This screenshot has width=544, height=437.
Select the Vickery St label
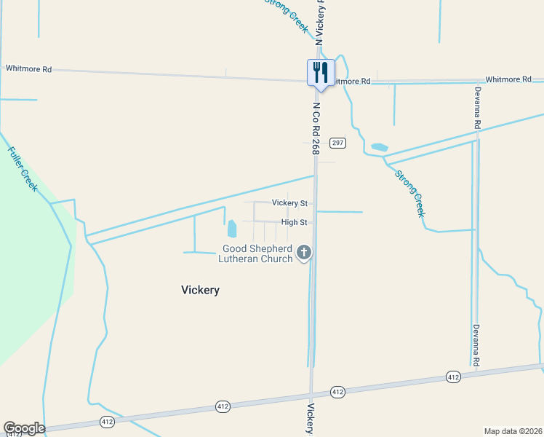point(289,203)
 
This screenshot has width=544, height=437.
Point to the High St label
point(294,223)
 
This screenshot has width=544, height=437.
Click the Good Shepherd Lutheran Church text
point(257,253)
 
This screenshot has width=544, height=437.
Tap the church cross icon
point(304,253)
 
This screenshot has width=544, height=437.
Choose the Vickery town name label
point(200,290)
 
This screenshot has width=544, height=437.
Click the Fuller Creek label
point(23,169)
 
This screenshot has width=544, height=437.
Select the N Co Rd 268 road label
point(316,128)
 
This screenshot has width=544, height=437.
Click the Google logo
point(24,428)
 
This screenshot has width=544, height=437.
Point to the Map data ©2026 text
point(513,431)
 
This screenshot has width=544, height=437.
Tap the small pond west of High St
point(232,229)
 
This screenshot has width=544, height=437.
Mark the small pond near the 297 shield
point(379,147)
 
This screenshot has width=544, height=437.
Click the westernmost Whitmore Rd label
point(28,69)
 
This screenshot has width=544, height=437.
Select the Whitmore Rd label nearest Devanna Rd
point(508,79)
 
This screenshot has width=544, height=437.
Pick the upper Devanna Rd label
point(478,108)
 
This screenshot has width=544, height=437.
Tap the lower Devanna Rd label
point(477,345)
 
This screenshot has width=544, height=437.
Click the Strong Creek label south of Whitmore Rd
point(409,194)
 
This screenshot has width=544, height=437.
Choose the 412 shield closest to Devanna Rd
point(453,377)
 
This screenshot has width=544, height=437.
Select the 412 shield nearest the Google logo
point(107,422)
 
